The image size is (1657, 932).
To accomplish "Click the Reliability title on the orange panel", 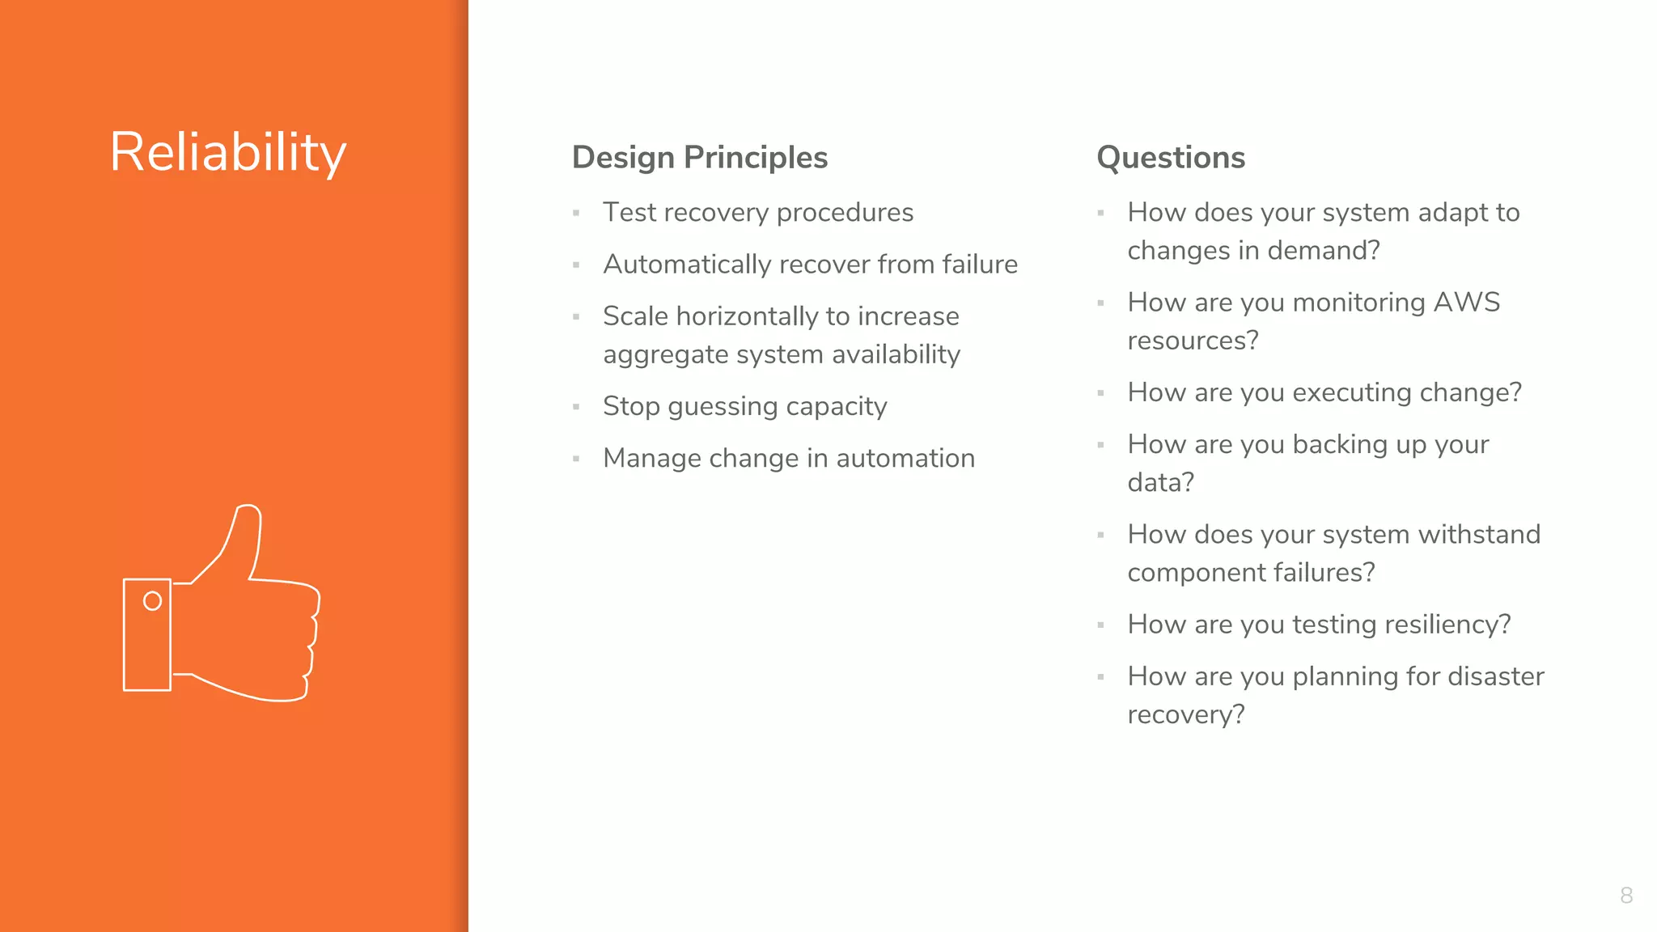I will pyautogui.click(x=228, y=152).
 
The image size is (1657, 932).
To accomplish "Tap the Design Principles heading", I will pyautogui.click(x=699, y=157).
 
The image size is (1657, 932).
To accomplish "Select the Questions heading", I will pyautogui.click(x=1170, y=157).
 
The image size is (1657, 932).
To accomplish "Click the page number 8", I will pyautogui.click(x=1626, y=895).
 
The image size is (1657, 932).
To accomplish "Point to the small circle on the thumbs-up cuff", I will pyautogui.click(x=152, y=601).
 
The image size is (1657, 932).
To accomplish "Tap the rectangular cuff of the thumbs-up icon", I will pyautogui.click(x=146, y=635).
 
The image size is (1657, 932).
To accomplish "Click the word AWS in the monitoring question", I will pyautogui.click(x=1466, y=302).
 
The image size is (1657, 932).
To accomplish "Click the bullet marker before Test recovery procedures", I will pyautogui.click(x=576, y=214).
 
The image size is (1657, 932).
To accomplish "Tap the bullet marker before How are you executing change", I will pyautogui.click(x=1100, y=393).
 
